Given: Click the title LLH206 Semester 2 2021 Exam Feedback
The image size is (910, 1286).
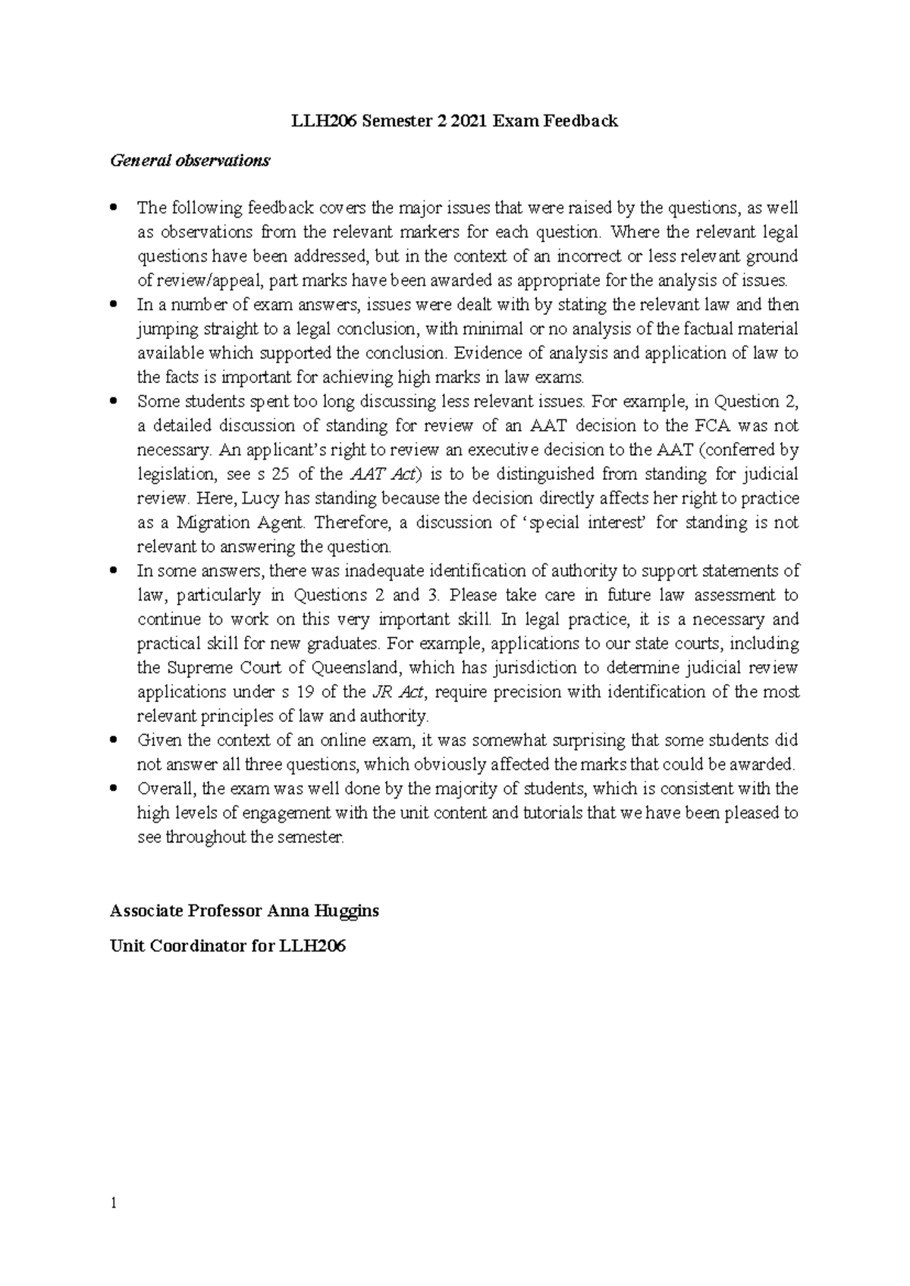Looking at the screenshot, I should [x=455, y=121].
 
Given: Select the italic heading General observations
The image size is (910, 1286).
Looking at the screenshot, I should [x=190, y=161].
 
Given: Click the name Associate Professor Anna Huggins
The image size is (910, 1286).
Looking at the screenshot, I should [x=244, y=911].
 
